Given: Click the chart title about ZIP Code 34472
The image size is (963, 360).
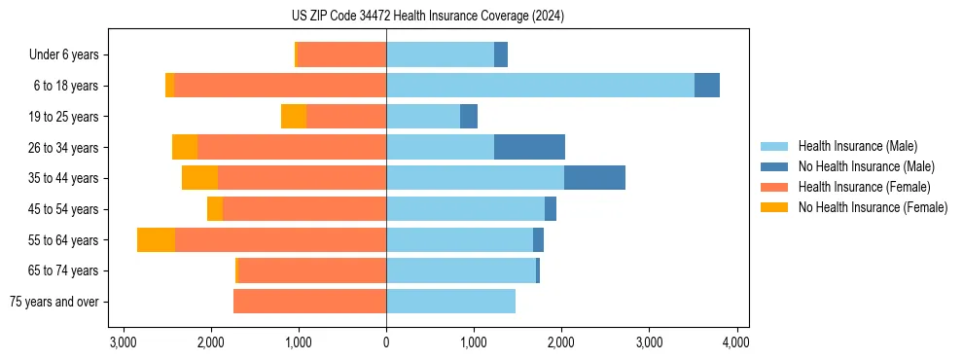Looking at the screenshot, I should click(481, 17).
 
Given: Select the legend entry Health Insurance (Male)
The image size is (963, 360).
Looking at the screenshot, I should click(856, 146).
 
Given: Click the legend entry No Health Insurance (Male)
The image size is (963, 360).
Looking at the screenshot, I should click(866, 166).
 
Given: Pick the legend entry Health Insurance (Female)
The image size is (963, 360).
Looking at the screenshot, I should click(864, 187).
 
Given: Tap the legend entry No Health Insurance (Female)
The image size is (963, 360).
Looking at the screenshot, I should click(873, 207).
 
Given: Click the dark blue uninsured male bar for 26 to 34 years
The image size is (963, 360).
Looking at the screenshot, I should click(529, 147).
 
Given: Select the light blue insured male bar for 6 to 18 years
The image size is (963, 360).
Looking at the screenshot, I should click(540, 86).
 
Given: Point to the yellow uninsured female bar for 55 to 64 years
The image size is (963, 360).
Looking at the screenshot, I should click(156, 239).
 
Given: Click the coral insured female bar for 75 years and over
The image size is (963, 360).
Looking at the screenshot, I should click(309, 302).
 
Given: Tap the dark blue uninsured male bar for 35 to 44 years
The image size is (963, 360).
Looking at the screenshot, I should click(594, 178).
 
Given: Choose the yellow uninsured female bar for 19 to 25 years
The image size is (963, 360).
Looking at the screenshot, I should click(294, 117).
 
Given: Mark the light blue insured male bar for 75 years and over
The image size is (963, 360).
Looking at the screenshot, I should click(450, 302).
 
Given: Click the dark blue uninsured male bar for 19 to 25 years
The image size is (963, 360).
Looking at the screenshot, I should click(469, 117).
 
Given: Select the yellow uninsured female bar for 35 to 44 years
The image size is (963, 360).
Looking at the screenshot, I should click(199, 178).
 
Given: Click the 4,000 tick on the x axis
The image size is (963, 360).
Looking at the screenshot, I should click(736, 342).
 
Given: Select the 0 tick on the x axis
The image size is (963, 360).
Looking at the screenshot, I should click(386, 342).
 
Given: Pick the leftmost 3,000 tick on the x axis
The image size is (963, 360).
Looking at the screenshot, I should click(124, 342).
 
